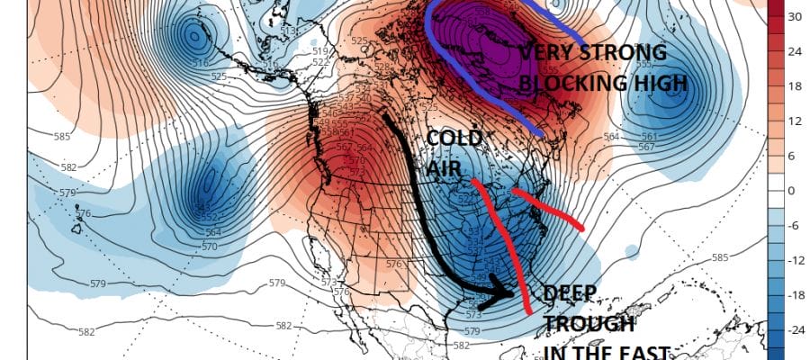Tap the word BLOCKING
tap(577, 84)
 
